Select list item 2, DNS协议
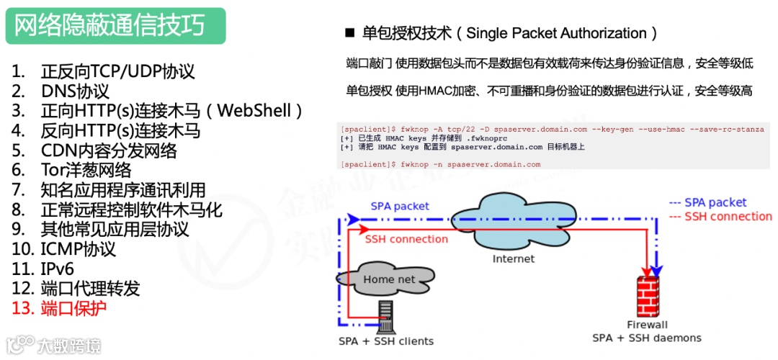pos(75,91)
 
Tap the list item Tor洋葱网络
pos(86,170)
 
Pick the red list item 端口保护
pos(73,308)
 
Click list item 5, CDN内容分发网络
pos(109,150)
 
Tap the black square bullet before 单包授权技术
pos(351,33)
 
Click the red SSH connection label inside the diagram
pos(406,239)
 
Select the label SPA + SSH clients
pos(386,341)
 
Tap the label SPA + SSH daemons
pos(646,338)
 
